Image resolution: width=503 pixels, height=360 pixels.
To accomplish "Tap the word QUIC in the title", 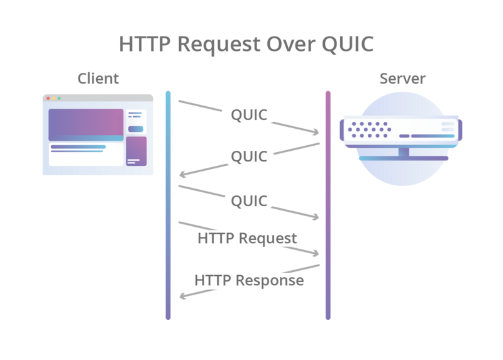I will point(346,44).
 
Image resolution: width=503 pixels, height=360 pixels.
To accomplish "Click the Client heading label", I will point(98,79).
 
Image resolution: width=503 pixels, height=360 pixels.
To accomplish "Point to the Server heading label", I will point(402,79).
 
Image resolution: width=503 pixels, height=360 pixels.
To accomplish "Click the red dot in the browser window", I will point(48,99).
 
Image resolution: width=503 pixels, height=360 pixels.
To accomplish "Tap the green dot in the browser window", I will point(59,99).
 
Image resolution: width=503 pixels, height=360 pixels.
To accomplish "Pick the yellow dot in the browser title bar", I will point(53,99).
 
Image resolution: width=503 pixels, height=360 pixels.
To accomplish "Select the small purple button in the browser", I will point(136,129).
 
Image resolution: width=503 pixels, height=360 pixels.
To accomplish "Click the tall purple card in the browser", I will point(136,151).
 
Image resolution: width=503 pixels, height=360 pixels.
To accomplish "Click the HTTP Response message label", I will point(249,280).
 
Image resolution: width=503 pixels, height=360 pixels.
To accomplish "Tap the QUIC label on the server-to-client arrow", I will point(249,156).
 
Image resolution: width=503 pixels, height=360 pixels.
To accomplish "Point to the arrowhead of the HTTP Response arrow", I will point(182,297).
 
